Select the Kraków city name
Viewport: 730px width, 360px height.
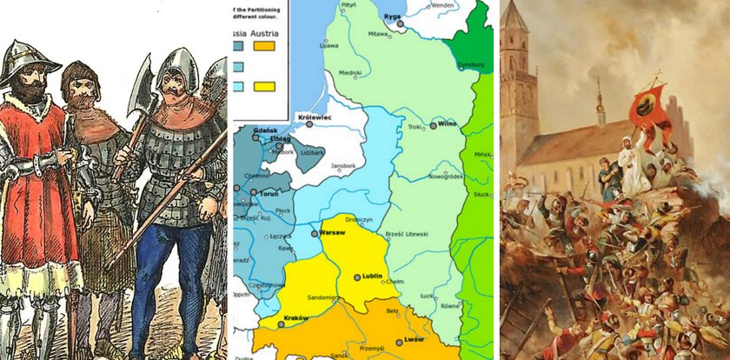[296, 318]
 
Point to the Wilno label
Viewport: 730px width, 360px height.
[448, 124]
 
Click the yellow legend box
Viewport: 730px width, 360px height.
[263, 86]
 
